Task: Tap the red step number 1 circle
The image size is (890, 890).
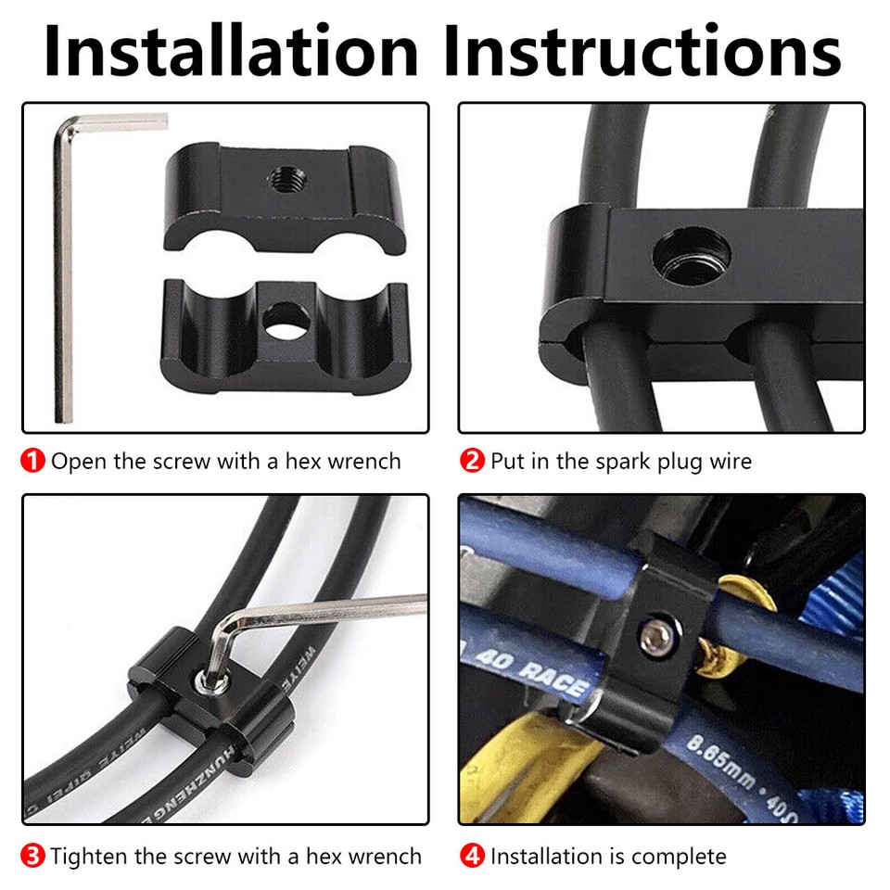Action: point(33,461)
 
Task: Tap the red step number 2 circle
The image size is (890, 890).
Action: point(473,461)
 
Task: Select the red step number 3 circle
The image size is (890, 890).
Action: point(33,856)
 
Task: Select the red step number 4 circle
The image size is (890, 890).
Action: point(473,856)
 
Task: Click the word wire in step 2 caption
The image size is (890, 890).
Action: point(727,461)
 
